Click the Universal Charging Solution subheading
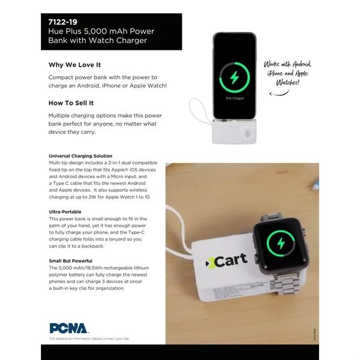tap(80, 156)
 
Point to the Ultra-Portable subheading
tap(65, 212)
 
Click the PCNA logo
tap(69, 328)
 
